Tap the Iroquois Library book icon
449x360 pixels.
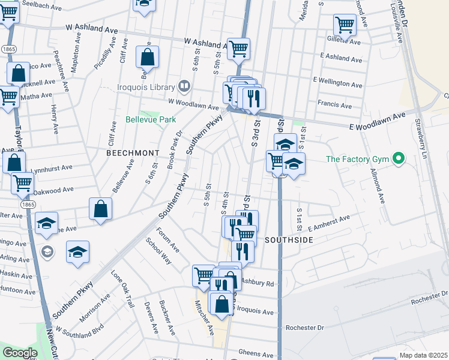[x=184, y=86]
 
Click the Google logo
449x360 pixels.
[x=20, y=353]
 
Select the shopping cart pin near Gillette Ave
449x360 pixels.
[x=345, y=25]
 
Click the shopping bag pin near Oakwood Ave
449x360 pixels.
[x=101, y=209]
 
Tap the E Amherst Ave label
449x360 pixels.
[x=328, y=224]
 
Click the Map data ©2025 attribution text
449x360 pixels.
[x=423, y=355]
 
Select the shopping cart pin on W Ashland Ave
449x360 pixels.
[x=239, y=49]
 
